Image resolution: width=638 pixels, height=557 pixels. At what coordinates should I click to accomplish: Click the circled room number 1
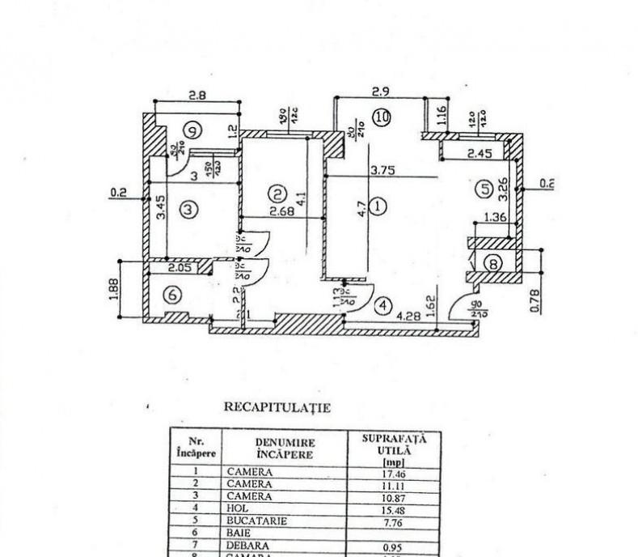click(381, 206)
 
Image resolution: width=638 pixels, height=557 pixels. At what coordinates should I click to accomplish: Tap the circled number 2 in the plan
click(277, 193)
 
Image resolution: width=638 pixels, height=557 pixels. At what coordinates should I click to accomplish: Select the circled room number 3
click(188, 210)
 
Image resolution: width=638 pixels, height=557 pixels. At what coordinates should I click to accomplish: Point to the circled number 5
click(484, 189)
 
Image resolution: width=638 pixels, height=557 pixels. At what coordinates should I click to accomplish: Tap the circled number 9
click(192, 128)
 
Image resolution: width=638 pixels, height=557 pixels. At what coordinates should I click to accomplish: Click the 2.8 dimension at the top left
click(196, 95)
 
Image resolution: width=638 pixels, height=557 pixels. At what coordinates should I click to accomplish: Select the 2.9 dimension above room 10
click(381, 91)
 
